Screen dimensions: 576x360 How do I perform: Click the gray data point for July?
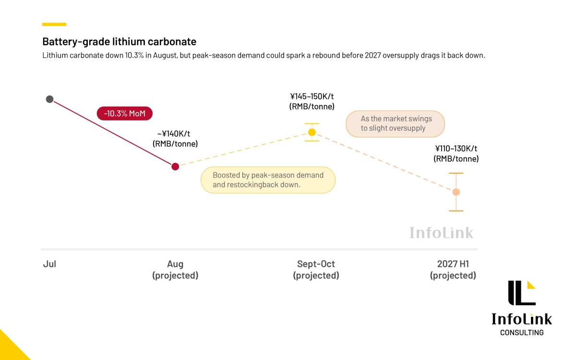(x=49, y=99)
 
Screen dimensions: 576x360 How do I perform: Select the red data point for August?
(x=175, y=167)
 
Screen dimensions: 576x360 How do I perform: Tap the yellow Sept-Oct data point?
(x=312, y=132)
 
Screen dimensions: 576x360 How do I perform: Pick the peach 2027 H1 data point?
(x=456, y=192)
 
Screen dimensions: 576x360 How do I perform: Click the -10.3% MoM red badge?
(x=125, y=113)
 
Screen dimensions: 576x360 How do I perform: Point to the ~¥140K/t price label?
(x=175, y=139)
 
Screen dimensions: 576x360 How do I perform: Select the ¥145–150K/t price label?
(x=312, y=101)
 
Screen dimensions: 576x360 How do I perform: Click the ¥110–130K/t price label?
(x=456, y=154)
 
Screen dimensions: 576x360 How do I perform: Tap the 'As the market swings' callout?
(x=395, y=124)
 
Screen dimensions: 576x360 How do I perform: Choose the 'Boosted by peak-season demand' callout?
(x=268, y=180)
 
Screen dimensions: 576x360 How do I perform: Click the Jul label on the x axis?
(x=49, y=264)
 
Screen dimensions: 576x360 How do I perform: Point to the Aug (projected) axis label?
(x=175, y=270)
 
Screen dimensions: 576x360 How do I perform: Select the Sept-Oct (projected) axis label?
(x=316, y=270)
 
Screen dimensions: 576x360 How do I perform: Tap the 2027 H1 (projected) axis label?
(x=453, y=270)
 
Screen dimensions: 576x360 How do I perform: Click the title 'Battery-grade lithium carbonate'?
(x=120, y=42)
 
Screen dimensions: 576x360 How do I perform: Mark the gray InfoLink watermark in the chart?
(x=441, y=233)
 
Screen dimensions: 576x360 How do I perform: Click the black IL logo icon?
(x=522, y=293)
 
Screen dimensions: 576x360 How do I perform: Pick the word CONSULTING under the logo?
(x=522, y=333)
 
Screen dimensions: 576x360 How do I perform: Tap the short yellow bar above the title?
(x=54, y=24)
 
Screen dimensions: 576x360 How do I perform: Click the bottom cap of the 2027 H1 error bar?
(x=456, y=211)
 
